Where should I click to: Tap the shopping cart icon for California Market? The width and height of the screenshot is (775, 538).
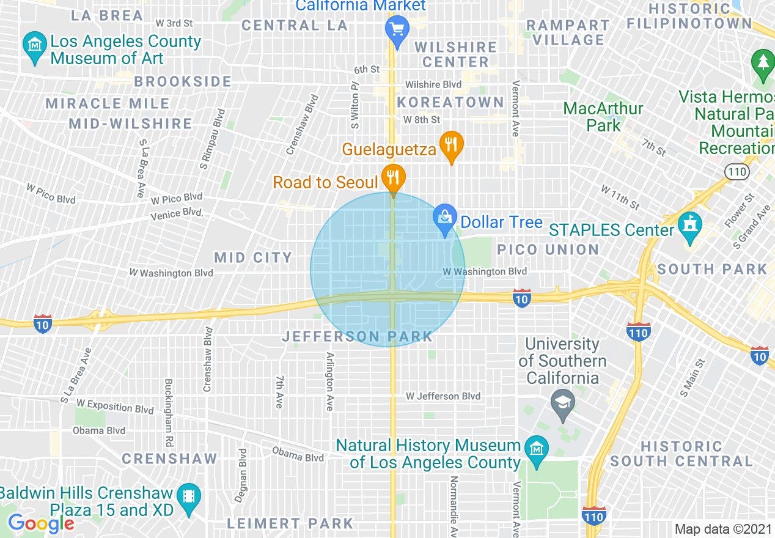397,29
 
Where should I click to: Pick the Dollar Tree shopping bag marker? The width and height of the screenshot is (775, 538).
445,219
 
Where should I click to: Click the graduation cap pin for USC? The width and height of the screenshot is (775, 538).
562,403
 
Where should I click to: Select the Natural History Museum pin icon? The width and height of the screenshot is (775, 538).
537,451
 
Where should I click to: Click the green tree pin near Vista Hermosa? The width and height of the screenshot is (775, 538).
763,64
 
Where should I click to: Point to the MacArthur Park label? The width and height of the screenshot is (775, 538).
603,117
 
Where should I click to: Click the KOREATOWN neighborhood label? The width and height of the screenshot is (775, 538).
450,102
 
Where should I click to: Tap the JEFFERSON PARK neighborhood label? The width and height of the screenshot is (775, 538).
358,336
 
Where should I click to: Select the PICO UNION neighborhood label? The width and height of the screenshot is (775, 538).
548,249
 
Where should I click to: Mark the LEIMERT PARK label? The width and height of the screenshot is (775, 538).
290,523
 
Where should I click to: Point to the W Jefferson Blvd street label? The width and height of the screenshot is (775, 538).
443,396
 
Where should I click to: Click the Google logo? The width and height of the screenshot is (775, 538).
41,523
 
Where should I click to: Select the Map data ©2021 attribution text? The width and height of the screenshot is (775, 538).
723,529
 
